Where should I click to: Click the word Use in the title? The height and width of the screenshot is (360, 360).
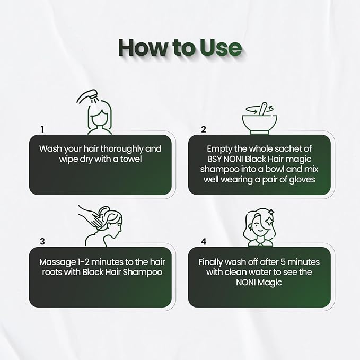pos(221,48)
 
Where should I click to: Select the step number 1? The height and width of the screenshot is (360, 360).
pos(42,129)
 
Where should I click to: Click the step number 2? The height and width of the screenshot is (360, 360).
pos(204,129)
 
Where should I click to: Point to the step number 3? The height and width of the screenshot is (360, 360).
pos(42,242)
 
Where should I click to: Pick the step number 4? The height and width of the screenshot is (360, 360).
pos(204,242)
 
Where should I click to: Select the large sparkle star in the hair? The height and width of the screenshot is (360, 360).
pos(268,221)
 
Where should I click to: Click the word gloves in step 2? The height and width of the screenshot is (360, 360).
pos(302,180)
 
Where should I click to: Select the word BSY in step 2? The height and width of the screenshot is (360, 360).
pos(214,159)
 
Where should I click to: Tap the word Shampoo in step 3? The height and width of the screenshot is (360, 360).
pos(143,273)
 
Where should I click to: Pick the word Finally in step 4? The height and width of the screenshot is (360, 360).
pos(211,262)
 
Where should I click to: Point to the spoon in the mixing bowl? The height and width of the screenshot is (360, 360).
pos(262,109)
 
